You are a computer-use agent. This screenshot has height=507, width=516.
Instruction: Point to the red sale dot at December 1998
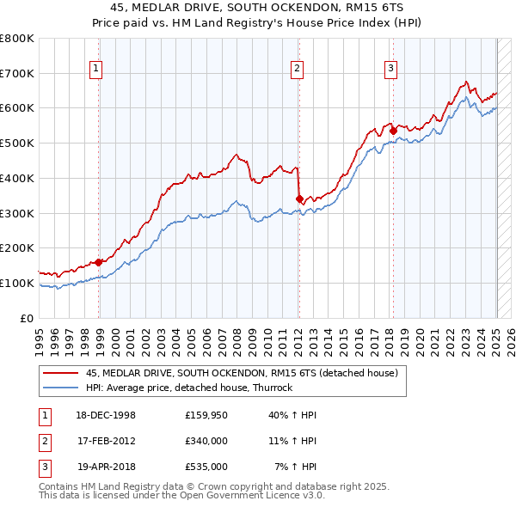(99, 262)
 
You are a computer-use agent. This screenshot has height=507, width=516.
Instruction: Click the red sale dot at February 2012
(299, 199)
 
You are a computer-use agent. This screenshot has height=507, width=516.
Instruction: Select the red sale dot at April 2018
(393, 131)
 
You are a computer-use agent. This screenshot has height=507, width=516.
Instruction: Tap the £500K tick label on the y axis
(17, 144)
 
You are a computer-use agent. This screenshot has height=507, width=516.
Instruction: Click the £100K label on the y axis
(17, 283)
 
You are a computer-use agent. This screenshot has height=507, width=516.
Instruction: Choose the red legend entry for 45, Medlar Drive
(242, 374)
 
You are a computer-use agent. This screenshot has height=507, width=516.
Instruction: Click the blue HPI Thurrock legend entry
(189, 388)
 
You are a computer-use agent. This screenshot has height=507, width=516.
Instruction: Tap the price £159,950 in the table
(206, 415)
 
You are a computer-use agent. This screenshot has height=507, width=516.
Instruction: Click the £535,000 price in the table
(206, 467)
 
